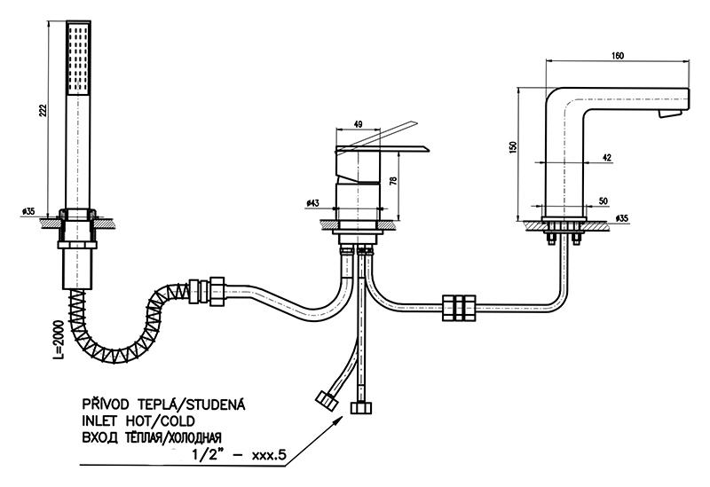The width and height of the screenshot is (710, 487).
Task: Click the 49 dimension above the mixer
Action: [x=358, y=125]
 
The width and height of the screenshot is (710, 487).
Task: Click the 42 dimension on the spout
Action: [x=607, y=157]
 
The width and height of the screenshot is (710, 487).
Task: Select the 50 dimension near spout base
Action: [x=603, y=201]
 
